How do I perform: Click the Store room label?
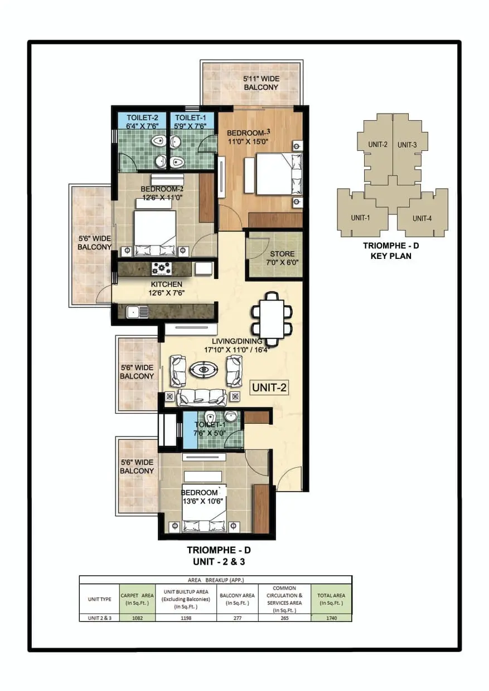point(282,258)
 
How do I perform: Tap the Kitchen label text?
point(167,288)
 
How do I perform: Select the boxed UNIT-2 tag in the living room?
point(269,388)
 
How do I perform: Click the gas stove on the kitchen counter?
point(161,269)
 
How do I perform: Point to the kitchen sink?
point(137,312)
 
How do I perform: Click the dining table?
point(272,319)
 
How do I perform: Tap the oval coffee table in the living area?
point(204,369)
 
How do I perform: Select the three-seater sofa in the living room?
point(202,398)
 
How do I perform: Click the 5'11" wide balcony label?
point(261,83)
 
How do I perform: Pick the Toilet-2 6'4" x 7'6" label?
point(142,121)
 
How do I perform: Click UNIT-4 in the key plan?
point(422,218)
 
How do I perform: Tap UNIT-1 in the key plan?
point(360,218)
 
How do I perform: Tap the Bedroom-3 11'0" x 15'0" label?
point(248,138)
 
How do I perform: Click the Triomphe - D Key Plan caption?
point(391,251)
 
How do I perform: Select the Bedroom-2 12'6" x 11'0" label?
point(162,193)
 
